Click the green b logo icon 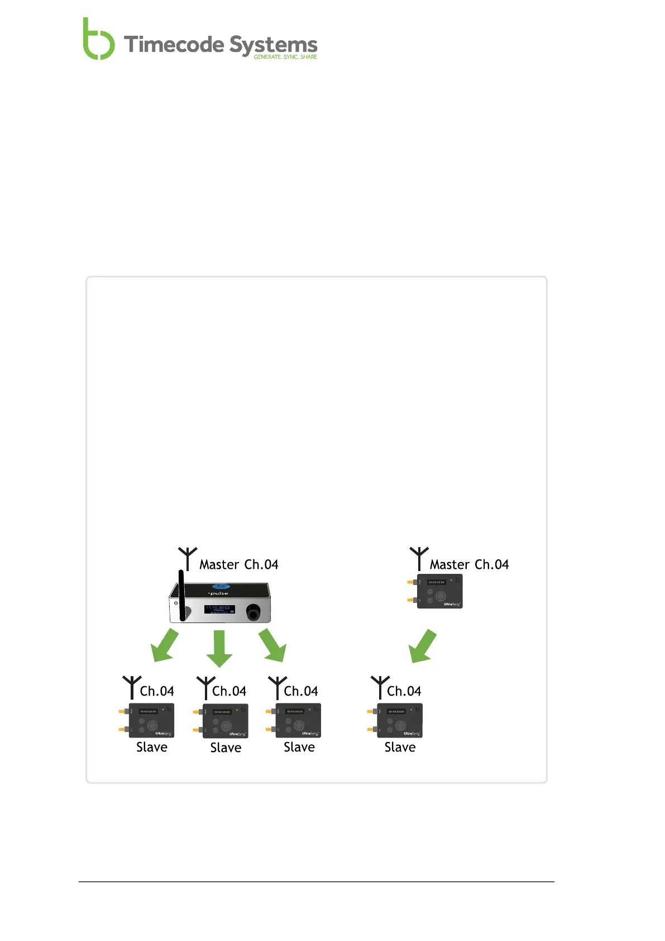pyautogui.click(x=98, y=40)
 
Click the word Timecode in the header pyautogui.click(x=174, y=45)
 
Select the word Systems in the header pyautogui.click(x=273, y=45)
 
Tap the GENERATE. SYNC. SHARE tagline pyautogui.click(x=285, y=57)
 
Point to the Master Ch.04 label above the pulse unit pyautogui.click(x=238, y=564)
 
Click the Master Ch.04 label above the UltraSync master pyautogui.click(x=469, y=564)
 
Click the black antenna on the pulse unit pyautogui.click(x=181, y=595)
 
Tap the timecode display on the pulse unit pyautogui.click(x=219, y=609)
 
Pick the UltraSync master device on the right pyautogui.click(x=439, y=591)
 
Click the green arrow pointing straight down pyautogui.click(x=219, y=648)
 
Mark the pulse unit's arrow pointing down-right pyautogui.click(x=273, y=645)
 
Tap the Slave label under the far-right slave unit pyautogui.click(x=400, y=747)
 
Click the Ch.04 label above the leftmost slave pyautogui.click(x=157, y=691)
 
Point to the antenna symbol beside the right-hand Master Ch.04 pyautogui.click(x=419, y=558)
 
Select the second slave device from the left pyautogui.click(x=224, y=721)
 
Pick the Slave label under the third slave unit pyautogui.click(x=299, y=747)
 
